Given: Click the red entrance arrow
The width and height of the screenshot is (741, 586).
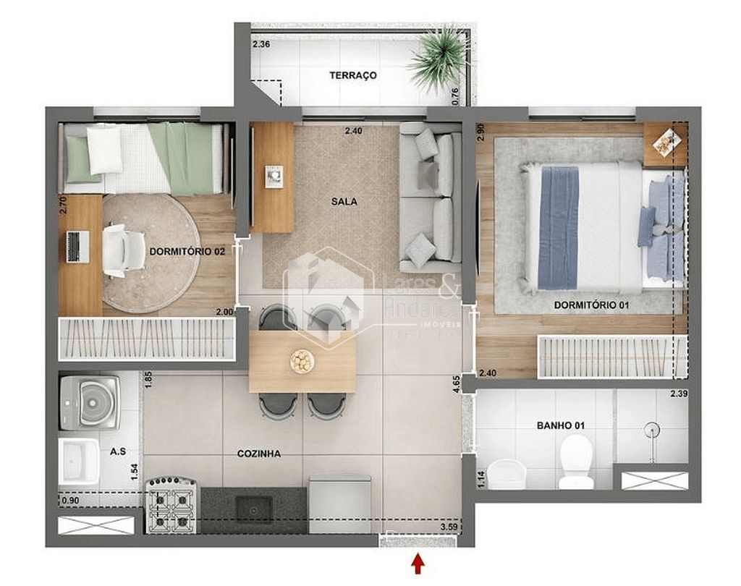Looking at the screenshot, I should (418, 562).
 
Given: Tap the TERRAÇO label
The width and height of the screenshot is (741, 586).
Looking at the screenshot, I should (352, 75).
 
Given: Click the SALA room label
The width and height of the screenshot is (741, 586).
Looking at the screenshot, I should (344, 202).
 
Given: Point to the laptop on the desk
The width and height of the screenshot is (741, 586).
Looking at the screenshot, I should (77, 247).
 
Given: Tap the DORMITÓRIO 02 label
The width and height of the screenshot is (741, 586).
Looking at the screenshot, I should (187, 252).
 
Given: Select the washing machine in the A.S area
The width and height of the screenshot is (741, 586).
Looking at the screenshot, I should (91, 402).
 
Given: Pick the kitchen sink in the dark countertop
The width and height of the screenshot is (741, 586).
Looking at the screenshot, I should (254, 508).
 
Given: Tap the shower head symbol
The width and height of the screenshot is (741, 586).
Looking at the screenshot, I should (652, 430).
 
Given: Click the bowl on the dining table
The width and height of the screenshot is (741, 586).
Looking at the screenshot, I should (302, 360).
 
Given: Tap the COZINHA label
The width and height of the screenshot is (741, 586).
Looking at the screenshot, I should (258, 454).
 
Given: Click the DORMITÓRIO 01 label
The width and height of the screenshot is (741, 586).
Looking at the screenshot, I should (591, 305).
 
